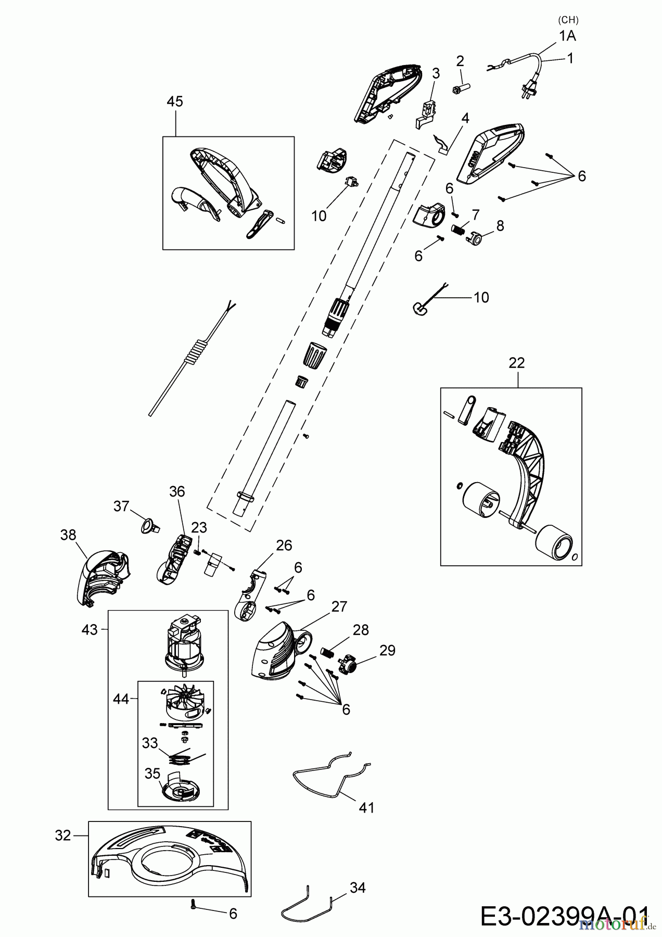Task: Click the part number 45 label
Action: coord(175,102)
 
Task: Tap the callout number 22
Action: coord(517,363)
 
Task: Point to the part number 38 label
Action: coord(68,535)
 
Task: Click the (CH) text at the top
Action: coord(568,20)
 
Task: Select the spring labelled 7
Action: coord(457,229)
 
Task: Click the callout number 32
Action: coord(62,835)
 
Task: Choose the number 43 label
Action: coord(90,629)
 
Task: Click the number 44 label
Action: coord(121,699)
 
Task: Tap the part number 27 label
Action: coord(339,606)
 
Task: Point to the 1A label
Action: coord(568,36)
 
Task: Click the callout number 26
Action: coord(284,545)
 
